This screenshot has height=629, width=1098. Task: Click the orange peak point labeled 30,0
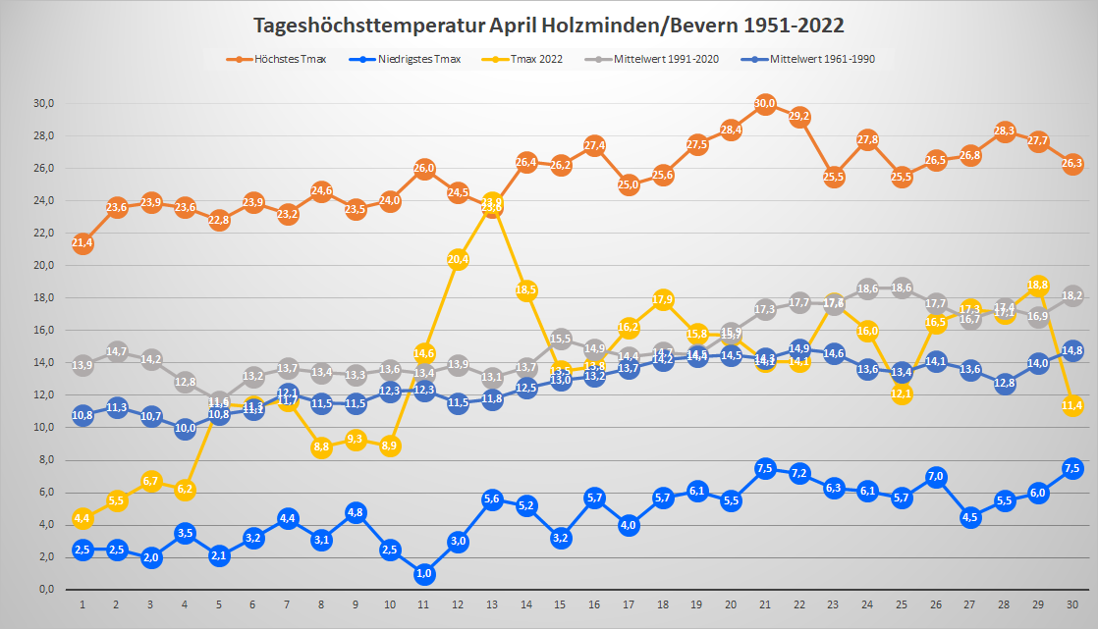pos(766,103)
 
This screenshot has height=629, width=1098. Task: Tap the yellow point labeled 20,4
pos(459,259)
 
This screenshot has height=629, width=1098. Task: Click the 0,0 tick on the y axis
pos(46,590)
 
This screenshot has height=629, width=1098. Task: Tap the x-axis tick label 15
pos(561,603)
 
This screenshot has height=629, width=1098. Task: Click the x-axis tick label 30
pos(1072,603)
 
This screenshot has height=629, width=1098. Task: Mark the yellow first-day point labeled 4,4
pos(82,518)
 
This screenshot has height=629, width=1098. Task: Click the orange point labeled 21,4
pos(82,243)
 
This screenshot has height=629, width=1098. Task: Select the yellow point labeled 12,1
pos(903,393)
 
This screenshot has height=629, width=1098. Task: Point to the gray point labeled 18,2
pos(1072,295)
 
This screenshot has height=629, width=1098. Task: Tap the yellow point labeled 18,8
pos(1039,286)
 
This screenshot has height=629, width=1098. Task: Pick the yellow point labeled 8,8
pos(321,447)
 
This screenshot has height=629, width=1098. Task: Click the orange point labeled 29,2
pos(799,117)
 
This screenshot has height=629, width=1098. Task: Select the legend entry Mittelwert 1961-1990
pos(822,59)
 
